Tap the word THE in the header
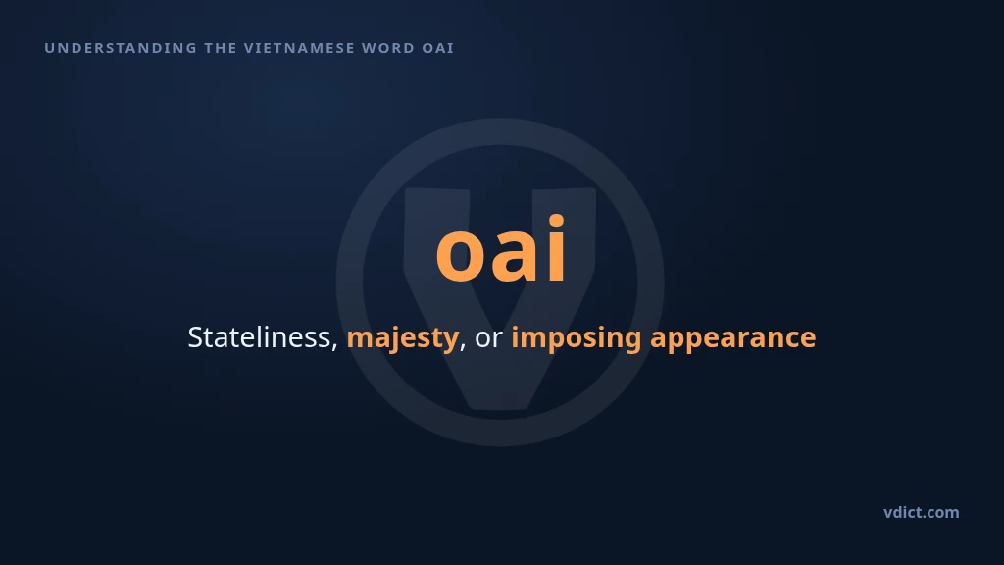(x=221, y=48)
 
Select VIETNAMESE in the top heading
(x=299, y=48)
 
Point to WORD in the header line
(x=388, y=48)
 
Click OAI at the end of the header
(x=438, y=48)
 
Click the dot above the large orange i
(x=556, y=221)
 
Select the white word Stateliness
(x=259, y=337)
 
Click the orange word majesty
(x=402, y=338)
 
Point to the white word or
(x=488, y=339)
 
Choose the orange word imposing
(x=576, y=338)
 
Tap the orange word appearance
(x=733, y=338)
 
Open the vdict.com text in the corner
(x=922, y=512)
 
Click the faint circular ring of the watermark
(x=350, y=282)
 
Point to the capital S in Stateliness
(x=195, y=337)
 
